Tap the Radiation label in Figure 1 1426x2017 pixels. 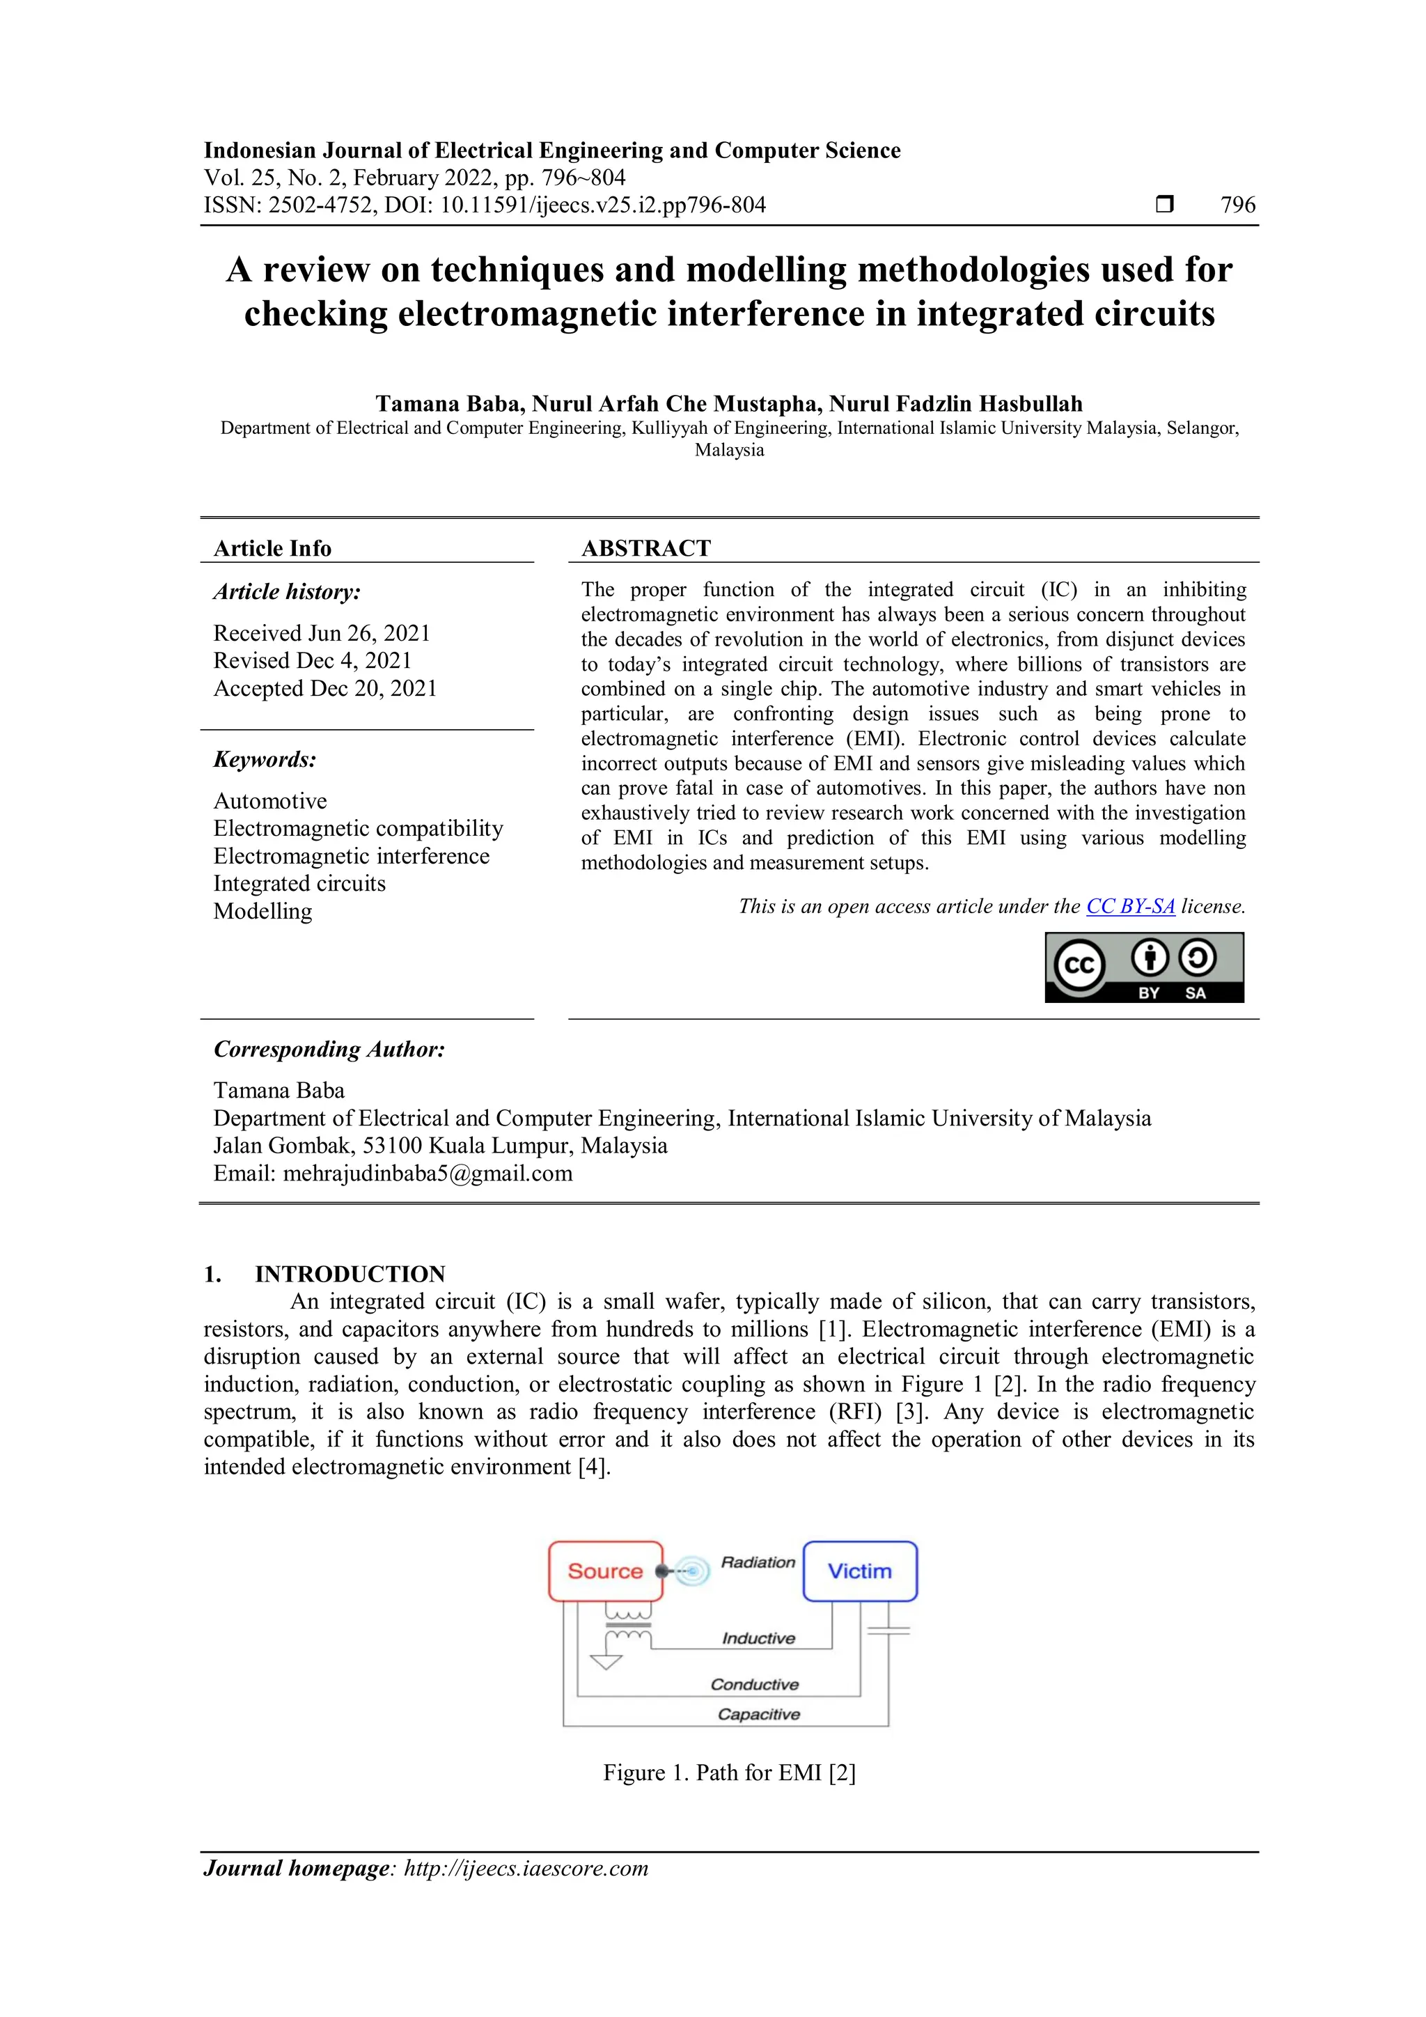pyautogui.click(x=758, y=1562)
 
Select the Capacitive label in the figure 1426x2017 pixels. pyautogui.click(x=759, y=1714)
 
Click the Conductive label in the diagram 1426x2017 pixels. pyautogui.click(x=754, y=1684)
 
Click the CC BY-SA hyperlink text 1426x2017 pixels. pyautogui.click(x=1130, y=907)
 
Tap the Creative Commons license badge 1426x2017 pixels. pyautogui.click(x=1144, y=967)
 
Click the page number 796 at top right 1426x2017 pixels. pyautogui.click(x=1237, y=205)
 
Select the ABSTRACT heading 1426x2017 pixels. pyautogui.click(x=646, y=548)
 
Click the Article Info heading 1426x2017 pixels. pyautogui.click(x=272, y=548)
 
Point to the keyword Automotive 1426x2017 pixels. pyautogui.click(x=269, y=801)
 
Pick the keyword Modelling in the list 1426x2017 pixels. pyautogui.click(x=263, y=911)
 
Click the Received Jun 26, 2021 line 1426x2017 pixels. pyautogui.click(x=322, y=633)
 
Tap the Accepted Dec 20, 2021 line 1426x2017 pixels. pyautogui.click(x=325, y=688)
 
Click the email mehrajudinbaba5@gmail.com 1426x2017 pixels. pyautogui.click(x=428, y=1174)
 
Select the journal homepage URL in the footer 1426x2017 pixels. pyautogui.click(x=525, y=1869)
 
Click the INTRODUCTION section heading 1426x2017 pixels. pyautogui.click(x=350, y=1274)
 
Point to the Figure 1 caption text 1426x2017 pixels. pyautogui.click(x=729, y=1773)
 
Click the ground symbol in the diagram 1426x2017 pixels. pyautogui.click(x=606, y=1661)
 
